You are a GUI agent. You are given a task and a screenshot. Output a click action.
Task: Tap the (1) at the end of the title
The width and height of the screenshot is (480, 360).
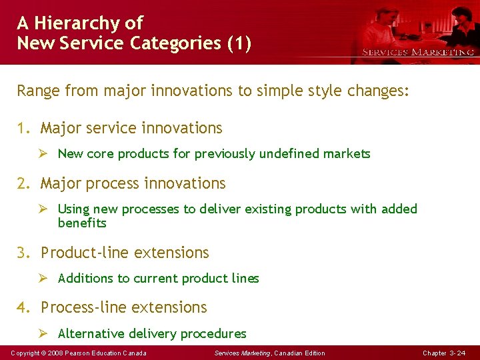pyautogui.click(x=239, y=44)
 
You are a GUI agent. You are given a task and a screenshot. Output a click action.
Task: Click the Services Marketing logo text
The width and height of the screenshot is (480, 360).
pyautogui.click(x=418, y=52)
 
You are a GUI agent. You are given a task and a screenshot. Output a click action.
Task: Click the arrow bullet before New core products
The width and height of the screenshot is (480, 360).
pyautogui.click(x=45, y=154)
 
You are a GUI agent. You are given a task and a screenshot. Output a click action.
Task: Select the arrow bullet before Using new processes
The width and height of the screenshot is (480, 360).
pyautogui.click(x=45, y=209)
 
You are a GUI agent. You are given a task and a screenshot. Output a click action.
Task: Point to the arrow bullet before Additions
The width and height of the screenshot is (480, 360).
pyautogui.click(x=45, y=279)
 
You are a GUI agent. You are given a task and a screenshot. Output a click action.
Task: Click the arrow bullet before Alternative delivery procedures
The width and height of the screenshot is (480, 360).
pyautogui.click(x=45, y=333)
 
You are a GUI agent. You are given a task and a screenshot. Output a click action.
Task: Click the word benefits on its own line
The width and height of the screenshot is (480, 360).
pyautogui.click(x=82, y=223)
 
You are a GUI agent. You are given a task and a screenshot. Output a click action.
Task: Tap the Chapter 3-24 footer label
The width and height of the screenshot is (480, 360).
pyautogui.click(x=444, y=353)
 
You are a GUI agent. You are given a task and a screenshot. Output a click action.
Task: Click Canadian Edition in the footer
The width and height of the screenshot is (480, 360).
pyautogui.click(x=300, y=353)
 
